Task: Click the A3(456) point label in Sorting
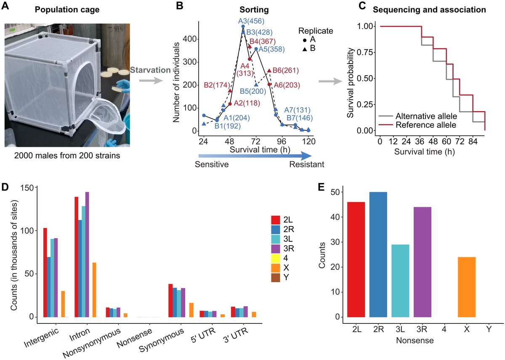[x=249, y=21]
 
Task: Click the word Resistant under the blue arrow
[x=307, y=164]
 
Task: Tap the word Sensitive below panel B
[x=212, y=164]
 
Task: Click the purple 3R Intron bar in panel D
[x=87, y=254]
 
